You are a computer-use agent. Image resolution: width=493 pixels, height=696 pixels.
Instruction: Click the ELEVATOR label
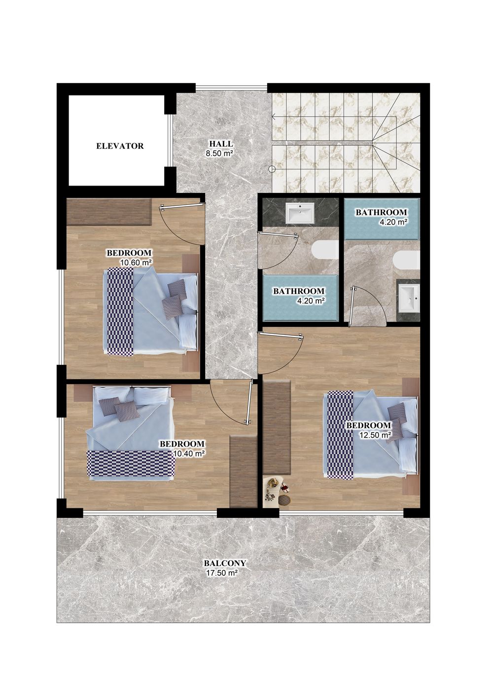(120, 146)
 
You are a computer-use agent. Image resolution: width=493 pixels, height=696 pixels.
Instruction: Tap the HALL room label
(221, 144)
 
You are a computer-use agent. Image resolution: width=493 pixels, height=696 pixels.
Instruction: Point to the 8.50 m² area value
(219, 153)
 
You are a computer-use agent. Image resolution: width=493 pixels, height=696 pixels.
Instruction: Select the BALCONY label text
(225, 563)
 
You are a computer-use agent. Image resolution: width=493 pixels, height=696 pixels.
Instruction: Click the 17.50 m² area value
(222, 572)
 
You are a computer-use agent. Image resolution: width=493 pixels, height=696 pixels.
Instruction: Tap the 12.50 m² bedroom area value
(375, 435)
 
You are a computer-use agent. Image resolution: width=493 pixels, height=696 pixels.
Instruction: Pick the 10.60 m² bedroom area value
(136, 262)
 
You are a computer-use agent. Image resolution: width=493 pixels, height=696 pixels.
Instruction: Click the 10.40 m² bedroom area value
(189, 454)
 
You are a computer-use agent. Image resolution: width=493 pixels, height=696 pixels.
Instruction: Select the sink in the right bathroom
(410, 298)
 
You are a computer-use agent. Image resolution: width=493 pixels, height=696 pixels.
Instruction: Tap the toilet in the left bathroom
(325, 251)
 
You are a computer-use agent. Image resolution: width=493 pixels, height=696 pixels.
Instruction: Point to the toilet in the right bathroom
(406, 260)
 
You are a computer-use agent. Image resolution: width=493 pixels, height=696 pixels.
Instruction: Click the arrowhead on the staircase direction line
(274, 117)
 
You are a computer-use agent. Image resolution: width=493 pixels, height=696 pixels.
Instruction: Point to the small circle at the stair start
(272, 169)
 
